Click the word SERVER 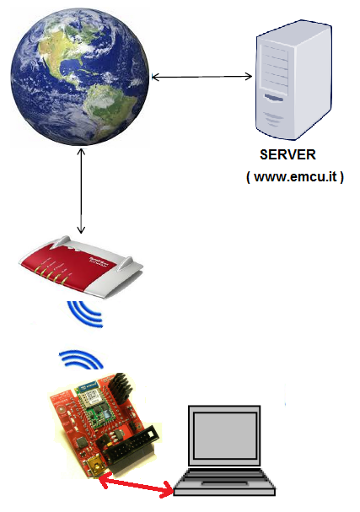pos(287,154)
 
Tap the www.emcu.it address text pos(295,176)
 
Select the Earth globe pos(80,76)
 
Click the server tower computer pos(293,80)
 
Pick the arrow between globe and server pos(202,77)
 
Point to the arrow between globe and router pos(81,191)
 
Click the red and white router pos(81,267)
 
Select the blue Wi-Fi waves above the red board pos(81,358)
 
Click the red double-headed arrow pos(136,486)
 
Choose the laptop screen pos(224,435)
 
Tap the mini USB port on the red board pos(94,467)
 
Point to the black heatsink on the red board pos(121,389)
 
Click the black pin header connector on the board pos(132,447)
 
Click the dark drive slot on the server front pos(273,97)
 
